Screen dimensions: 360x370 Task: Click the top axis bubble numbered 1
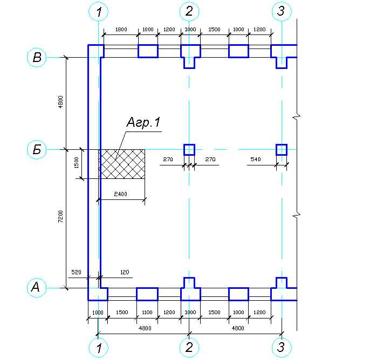tap(98, 11)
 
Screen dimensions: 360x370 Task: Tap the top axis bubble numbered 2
tap(189, 11)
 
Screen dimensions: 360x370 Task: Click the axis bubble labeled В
tap(37, 58)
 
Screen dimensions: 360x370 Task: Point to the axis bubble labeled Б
tap(37, 149)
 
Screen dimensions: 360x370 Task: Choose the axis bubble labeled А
tap(37, 288)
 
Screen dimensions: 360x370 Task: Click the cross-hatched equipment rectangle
tap(122, 164)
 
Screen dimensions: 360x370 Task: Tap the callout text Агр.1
tap(143, 123)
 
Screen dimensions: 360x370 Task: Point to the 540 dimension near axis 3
tap(256, 160)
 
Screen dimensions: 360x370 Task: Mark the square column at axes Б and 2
tap(189, 149)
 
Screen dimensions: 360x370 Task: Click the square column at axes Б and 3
tap(282, 149)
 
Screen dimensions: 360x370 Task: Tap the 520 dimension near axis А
tap(76, 273)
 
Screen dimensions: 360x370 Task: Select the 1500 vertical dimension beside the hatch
tap(77, 162)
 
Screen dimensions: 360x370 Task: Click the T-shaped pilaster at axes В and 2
tap(189, 55)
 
